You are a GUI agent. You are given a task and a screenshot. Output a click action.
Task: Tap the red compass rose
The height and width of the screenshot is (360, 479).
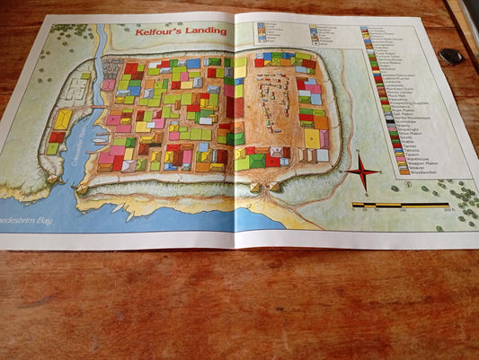pos(363,170)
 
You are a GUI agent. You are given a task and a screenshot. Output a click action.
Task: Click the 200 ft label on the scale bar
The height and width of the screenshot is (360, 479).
pos(448,211)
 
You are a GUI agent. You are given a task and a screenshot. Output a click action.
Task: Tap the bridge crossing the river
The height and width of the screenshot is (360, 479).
pos(96,108)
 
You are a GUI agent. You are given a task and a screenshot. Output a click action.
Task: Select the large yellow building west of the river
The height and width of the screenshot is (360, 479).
pos(63,119)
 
